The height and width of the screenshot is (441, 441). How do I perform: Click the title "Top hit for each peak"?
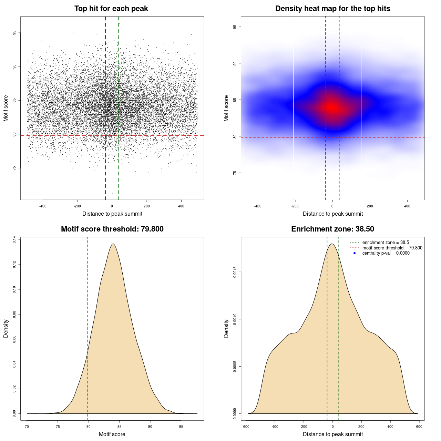pyautogui.click(x=111, y=9)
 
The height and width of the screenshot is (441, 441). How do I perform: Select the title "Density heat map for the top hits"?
pyautogui.click(x=332, y=9)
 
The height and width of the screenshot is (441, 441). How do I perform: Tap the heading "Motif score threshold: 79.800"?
pyautogui.click(x=112, y=229)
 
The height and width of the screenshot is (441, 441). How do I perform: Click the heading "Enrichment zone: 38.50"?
pyautogui.click(x=332, y=229)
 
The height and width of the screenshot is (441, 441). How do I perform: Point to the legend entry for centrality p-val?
pyautogui.click(x=386, y=253)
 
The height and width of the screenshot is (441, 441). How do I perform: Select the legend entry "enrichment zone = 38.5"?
pyautogui.click(x=386, y=243)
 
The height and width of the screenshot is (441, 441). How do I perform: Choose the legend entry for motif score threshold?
pyautogui.click(x=392, y=248)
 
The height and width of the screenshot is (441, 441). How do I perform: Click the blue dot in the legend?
pyautogui.click(x=355, y=253)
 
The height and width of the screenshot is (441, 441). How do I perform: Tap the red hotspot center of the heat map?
pyautogui.click(x=332, y=107)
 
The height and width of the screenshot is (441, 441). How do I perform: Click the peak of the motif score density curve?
pyautogui.click(x=113, y=244)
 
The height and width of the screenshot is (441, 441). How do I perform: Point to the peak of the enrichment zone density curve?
pyautogui.click(x=332, y=244)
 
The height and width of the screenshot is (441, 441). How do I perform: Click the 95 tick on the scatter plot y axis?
pyautogui.click(x=14, y=33)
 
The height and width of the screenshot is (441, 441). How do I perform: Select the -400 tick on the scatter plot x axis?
pyautogui.click(x=43, y=206)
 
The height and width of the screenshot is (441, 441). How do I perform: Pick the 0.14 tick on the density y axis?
pyautogui.click(x=14, y=240)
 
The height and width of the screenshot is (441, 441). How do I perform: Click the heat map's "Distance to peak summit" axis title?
pyautogui.click(x=332, y=214)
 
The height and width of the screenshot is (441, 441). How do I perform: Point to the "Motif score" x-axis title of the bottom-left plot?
pyautogui.click(x=112, y=434)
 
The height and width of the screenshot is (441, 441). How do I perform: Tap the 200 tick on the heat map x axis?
pyautogui.click(x=370, y=206)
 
